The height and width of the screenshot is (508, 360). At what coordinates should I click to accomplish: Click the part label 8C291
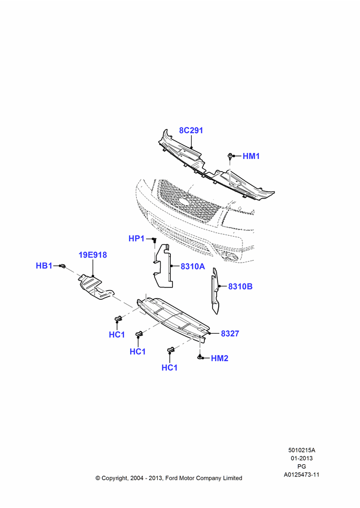(x=191, y=131)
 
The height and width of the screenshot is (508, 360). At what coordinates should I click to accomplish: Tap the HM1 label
(x=251, y=156)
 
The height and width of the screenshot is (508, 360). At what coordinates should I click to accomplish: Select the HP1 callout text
(x=136, y=239)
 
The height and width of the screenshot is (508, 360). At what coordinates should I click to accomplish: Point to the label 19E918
(x=93, y=255)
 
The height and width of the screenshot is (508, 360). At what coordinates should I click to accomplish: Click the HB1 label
(x=44, y=266)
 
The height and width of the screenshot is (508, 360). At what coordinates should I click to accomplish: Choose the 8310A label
(x=193, y=267)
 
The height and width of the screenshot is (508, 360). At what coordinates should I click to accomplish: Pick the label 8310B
(x=241, y=287)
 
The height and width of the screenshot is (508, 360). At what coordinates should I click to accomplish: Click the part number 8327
(x=230, y=334)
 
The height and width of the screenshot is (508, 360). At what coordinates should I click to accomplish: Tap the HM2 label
(x=220, y=358)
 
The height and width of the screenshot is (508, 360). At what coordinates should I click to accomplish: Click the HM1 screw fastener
(x=230, y=156)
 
